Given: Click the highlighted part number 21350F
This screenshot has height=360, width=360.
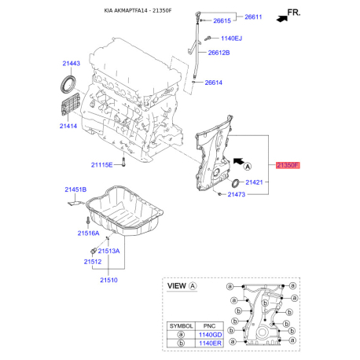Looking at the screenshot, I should pos(288,166).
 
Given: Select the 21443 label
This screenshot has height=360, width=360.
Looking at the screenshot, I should pos(72,62).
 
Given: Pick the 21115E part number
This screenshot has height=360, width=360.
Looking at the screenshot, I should pos(102,165).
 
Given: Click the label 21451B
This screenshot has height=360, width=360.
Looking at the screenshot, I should pos(75,189).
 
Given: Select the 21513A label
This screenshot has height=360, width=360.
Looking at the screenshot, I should pos(108,251).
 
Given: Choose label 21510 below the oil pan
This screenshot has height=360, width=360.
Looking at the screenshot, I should pos(108,279).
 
